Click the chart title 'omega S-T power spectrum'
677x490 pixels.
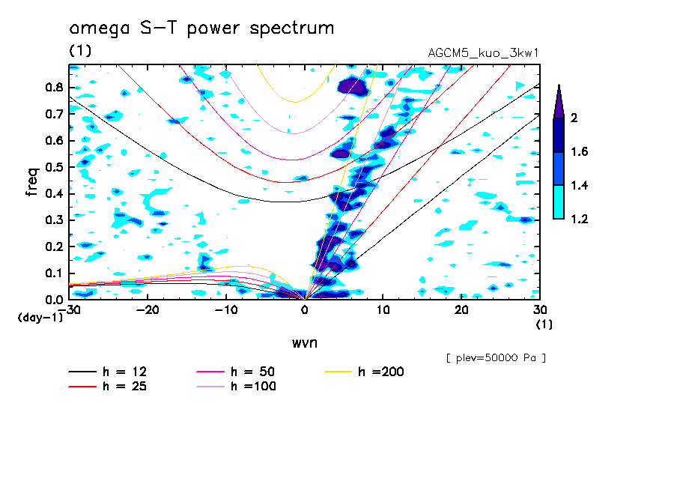coord(201,29)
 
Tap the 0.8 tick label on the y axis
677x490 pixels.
coord(54,87)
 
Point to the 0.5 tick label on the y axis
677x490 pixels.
coord(54,167)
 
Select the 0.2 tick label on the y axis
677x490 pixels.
coord(54,246)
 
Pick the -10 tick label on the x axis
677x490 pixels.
coord(226,310)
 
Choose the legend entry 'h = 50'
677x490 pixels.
coord(253,372)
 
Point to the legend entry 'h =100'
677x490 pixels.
coord(253,387)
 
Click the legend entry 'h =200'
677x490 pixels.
coord(381,372)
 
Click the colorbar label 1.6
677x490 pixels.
coord(579,152)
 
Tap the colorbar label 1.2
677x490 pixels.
coord(579,219)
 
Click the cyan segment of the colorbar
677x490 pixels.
coord(559,202)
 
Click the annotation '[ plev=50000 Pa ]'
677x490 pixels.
coord(496,358)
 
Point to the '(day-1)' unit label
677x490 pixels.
coord(40,318)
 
